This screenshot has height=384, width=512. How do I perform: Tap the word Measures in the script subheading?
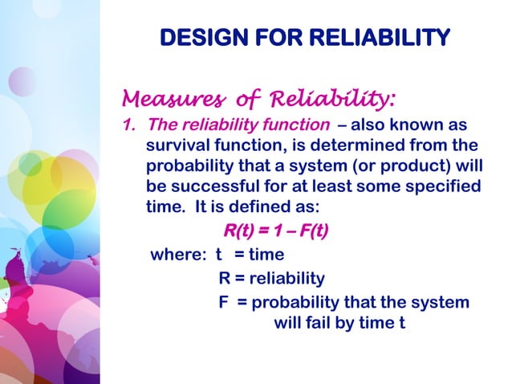(x=166, y=99)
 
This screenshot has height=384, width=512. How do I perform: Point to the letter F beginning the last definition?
(x=224, y=302)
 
